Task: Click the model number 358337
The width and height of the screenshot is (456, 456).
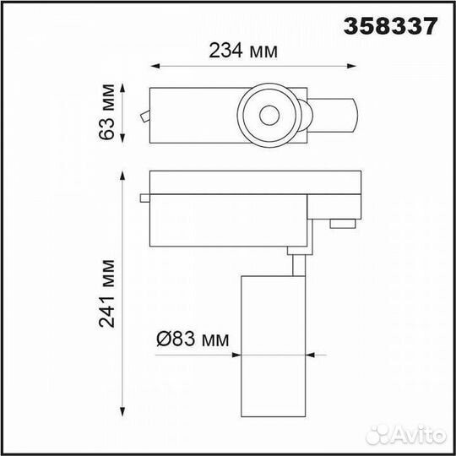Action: point(391,26)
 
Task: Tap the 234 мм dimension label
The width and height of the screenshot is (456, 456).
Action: point(243,51)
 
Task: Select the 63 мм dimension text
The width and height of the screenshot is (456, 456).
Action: point(106,112)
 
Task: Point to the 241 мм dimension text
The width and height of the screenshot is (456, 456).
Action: point(106,294)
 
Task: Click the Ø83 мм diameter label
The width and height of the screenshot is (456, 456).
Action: point(193,339)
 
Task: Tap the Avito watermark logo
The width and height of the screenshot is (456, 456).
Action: point(406,435)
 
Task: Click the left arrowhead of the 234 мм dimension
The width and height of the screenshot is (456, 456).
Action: point(155,66)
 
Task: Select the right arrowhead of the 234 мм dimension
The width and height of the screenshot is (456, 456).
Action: point(351,66)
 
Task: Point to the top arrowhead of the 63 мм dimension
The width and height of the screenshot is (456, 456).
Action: point(122,88)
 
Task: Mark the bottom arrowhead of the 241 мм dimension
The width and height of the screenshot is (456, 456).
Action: point(122,412)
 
